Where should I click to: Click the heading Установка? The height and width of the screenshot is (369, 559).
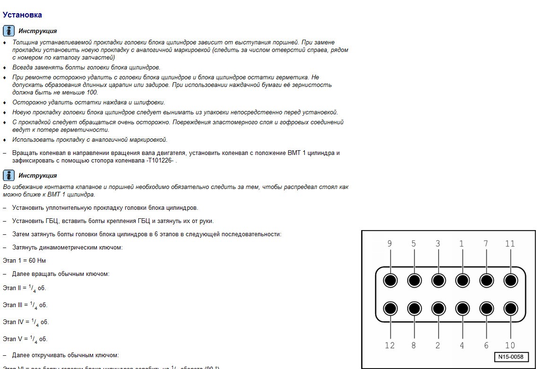click(22, 15)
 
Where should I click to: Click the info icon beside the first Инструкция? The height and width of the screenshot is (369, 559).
click(9, 31)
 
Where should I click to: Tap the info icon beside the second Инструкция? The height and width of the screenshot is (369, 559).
click(9, 175)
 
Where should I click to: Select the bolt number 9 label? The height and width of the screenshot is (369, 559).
click(390, 244)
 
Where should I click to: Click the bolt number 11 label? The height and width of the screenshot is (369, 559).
click(510, 244)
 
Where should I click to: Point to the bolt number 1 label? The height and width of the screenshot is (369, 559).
click(462, 244)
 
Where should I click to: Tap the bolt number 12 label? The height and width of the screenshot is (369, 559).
click(390, 345)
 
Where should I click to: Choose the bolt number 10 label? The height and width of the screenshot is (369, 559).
click(510, 345)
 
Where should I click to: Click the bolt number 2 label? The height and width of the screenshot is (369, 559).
click(438, 345)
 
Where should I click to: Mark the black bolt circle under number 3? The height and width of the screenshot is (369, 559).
click(439, 281)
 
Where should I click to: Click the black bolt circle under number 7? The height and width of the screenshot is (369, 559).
click(486, 281)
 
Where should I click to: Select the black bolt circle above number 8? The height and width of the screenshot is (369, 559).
click(414, 309)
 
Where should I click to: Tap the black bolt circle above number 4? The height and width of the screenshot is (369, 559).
click(462, 309)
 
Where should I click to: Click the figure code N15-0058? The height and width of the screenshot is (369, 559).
click(511, 357)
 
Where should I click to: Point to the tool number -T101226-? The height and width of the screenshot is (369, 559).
click(160, 161)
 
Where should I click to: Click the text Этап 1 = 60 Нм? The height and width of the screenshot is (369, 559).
click(24, 260)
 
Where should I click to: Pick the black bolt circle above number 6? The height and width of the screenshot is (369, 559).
click(486, 309)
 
